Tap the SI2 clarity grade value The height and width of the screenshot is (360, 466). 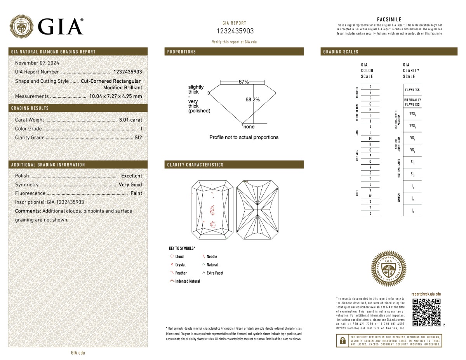138,137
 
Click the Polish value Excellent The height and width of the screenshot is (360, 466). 132,176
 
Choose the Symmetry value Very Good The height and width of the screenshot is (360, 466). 130,185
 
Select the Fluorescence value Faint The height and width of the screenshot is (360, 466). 136,193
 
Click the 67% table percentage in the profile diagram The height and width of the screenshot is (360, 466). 243,82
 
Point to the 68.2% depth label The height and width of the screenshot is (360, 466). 252,100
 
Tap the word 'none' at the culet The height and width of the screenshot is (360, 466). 249,127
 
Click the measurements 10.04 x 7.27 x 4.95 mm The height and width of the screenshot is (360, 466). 116,96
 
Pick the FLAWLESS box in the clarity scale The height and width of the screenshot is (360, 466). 412,90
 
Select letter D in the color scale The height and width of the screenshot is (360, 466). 370,87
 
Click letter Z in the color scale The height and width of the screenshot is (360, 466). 370,214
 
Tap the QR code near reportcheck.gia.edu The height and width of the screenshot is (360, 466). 426,312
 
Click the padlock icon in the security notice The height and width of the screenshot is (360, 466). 342,341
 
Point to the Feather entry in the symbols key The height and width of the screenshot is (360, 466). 181,273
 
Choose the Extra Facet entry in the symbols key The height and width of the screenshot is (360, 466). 215,273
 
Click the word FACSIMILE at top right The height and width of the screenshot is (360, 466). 389,19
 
